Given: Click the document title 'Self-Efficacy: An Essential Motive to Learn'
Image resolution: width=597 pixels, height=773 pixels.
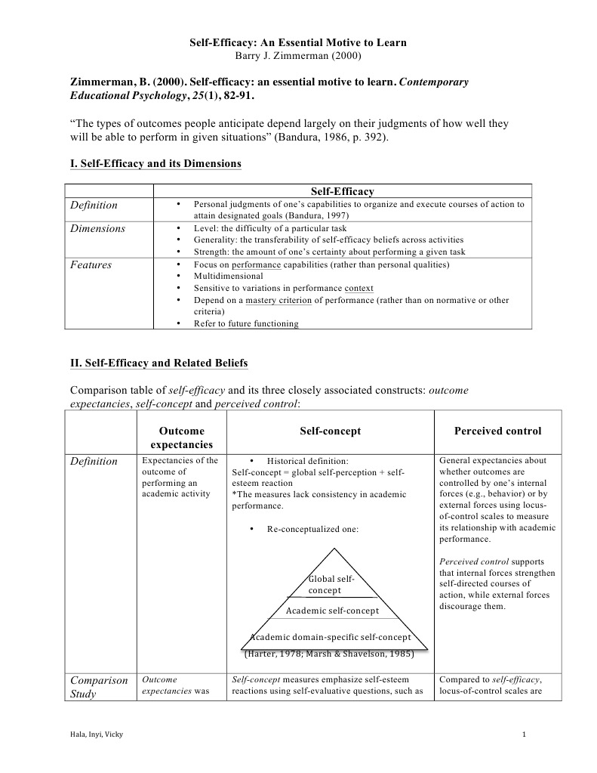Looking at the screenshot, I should coord(297,43).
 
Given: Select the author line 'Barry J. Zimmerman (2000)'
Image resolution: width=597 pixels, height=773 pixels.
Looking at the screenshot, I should coord(297,55).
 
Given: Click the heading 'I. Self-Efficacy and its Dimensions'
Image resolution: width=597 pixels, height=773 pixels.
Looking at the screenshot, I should coord(155,163).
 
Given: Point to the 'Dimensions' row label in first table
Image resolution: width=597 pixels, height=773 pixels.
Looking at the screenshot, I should coord(97,227).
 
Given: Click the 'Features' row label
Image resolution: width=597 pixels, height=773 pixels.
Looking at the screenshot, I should coord(91,264).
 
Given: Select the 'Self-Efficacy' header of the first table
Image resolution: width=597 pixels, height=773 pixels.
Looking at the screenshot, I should coord(342,192).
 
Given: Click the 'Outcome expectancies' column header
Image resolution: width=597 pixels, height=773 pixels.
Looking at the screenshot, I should coord(181,438).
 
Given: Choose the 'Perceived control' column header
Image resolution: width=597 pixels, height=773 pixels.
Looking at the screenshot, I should coord(497,431).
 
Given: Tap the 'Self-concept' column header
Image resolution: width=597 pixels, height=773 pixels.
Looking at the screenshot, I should coord(330,431).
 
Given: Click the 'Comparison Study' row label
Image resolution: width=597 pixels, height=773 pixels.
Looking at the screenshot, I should coord(98,687).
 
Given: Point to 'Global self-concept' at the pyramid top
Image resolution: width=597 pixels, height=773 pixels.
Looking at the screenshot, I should coord(330,584).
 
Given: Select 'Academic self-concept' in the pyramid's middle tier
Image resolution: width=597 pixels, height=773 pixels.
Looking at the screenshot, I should coord(332,610).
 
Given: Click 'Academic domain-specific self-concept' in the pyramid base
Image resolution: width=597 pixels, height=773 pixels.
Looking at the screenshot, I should coord(331,637).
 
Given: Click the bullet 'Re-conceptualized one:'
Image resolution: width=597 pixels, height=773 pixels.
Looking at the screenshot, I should coord(312,529).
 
